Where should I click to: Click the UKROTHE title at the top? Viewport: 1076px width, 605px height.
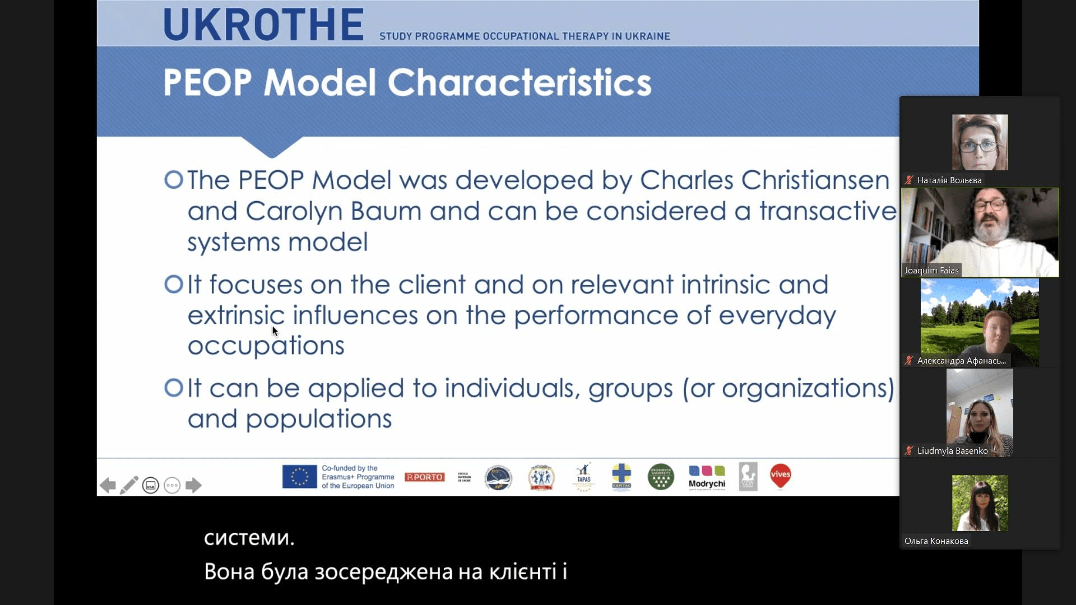[263, 25]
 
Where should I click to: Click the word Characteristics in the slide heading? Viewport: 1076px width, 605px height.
[519, 83]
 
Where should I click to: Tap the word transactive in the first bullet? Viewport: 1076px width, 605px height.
[828, 212]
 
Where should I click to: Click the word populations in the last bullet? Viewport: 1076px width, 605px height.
[318, 419]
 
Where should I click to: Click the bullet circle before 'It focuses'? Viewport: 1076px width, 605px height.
[174, 284]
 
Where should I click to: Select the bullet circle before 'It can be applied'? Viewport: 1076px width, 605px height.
[174, 387]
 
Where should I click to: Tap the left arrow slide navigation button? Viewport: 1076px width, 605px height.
[108, 485]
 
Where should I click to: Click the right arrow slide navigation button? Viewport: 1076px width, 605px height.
[193, 485]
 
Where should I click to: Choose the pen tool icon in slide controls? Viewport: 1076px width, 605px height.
[129, 485]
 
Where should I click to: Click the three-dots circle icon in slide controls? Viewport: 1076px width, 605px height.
[172, 485]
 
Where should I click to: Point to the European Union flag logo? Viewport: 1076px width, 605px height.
[299, 477]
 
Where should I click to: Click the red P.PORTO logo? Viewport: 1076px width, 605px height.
[424, 477]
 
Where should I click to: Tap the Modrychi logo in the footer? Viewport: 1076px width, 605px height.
[707, 477]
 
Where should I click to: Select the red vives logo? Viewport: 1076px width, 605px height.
[780, 476]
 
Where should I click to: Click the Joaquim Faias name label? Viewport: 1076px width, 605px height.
[931, 271]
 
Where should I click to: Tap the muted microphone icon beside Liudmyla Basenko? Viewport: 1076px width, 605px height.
[909, 450]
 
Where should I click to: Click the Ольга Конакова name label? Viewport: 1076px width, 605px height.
[936, 541]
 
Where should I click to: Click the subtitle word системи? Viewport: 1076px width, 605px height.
[249, 538]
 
